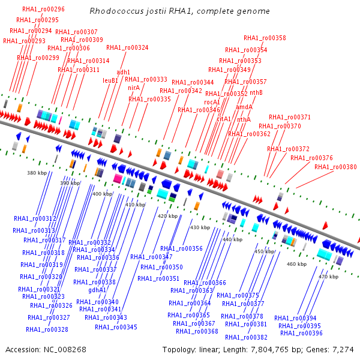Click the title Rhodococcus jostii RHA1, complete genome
point(179,11)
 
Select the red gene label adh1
point(123,72)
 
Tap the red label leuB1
point(110,80)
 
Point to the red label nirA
point(134,88)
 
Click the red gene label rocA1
point(212,102)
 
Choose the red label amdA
point(244,107)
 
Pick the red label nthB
point(256,92)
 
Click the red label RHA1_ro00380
point(335,167)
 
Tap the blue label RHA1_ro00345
point(116,327)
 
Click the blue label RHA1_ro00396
point(301,333)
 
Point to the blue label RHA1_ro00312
point(35,219)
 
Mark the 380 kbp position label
point(37,173)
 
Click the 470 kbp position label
point(328,277)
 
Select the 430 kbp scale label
point(200,228)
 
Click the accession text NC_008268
point(46,349)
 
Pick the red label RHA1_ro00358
point(265,38)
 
